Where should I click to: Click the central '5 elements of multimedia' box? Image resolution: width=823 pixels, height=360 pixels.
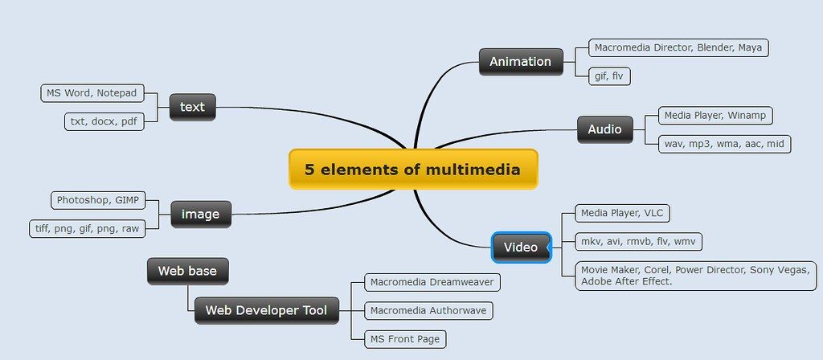point(413,169)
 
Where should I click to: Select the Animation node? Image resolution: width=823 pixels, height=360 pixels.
point(521,61)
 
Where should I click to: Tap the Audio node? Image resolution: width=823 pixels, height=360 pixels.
point(604,129)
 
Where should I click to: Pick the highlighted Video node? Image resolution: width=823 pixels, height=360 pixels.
point(521,247)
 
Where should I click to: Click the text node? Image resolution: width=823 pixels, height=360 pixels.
point(192,107)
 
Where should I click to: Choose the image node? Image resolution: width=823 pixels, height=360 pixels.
point(200,214)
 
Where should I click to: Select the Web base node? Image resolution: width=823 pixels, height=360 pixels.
point(187,271)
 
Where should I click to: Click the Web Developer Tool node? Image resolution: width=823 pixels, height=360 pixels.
point(266,310)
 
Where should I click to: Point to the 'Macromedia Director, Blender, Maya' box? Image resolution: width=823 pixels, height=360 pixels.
point(678,47)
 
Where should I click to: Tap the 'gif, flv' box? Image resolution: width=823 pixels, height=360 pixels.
point(609,76)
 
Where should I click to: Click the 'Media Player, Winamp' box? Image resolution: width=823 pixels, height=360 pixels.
point(714,116)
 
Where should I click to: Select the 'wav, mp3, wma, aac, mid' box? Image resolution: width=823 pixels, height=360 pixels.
point(724,144)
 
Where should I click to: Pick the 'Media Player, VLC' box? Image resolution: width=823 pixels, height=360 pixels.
point(623,214)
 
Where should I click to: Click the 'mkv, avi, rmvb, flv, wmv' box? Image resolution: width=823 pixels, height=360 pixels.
point(638,242)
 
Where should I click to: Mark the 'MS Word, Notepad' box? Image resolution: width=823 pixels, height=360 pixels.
point(92,93)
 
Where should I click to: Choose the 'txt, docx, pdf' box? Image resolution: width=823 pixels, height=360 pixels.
point(104,122)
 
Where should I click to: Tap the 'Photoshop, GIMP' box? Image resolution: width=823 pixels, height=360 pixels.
point(97,200)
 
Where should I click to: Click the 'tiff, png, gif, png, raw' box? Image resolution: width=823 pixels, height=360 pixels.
point(87,228)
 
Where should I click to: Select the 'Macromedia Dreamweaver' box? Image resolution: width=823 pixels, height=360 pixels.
point(432,282)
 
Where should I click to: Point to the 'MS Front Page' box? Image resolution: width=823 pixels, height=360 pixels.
point(405,339)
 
